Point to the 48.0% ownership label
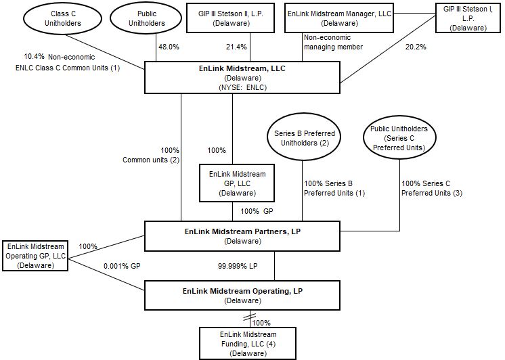(169, 47)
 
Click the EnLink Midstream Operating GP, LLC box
(35, 256)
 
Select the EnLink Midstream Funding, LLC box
(248, 343)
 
